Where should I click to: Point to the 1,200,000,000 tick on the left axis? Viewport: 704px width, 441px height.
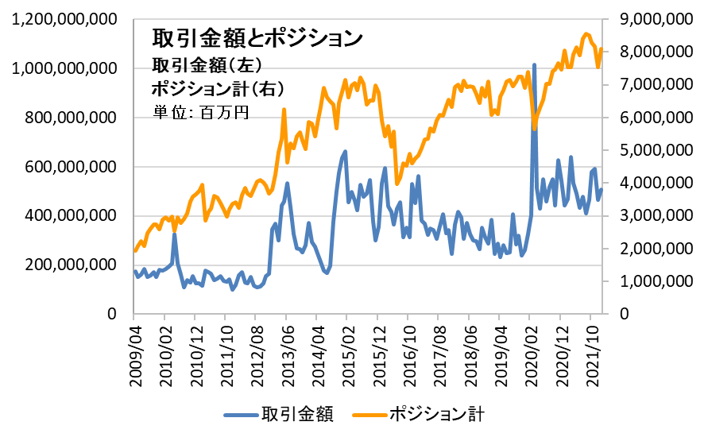pyautogui.click(x=60, y=20)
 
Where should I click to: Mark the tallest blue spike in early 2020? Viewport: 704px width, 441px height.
pyautogui.click(x=534, y=65)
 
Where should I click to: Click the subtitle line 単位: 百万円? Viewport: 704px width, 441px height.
pyautogui.click(x=201, y=112)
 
